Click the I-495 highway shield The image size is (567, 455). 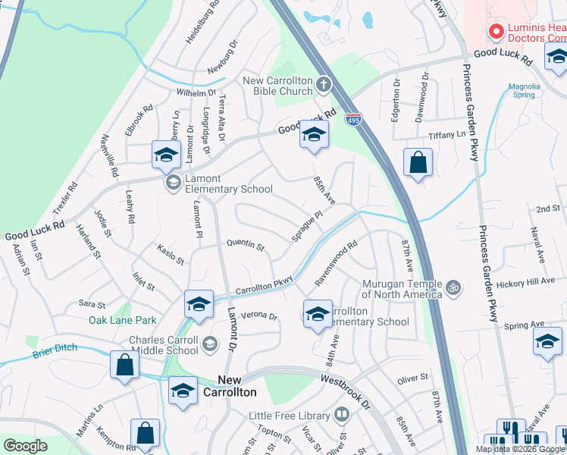click(x=354, y=119)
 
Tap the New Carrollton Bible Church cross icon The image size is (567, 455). click(x=324, y=83)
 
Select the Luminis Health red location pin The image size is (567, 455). click(x=497, y=31)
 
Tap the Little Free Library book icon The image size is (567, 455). click(x=342, y=415)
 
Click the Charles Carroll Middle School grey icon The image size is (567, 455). click(x=210, y=345)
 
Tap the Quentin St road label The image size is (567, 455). click(x=246, y=245)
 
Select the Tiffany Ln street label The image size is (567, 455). click(x=444, y=134)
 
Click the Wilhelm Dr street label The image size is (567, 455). click(x=196, y=93)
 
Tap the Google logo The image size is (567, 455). click(x=25, y=445)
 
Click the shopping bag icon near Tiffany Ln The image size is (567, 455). click(x=418, y=163)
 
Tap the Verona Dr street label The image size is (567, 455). click(x=259, y=315)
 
